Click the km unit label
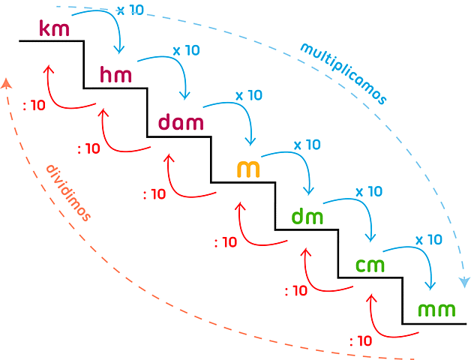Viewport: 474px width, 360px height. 54,30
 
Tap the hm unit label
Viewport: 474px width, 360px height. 116,75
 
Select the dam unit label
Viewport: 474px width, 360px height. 181,122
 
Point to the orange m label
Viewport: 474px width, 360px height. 248,169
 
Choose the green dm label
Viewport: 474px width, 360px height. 307,217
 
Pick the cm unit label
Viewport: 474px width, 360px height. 370,265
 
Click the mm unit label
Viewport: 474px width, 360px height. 436,310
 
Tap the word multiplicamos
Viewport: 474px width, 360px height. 343,73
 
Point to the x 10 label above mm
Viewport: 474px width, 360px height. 429,240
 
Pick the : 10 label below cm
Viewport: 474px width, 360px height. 296,291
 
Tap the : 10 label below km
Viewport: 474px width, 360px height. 34,105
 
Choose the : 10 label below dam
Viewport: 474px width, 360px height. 154,194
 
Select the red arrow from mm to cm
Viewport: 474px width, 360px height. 382,322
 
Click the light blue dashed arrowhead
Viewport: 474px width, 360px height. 466,280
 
